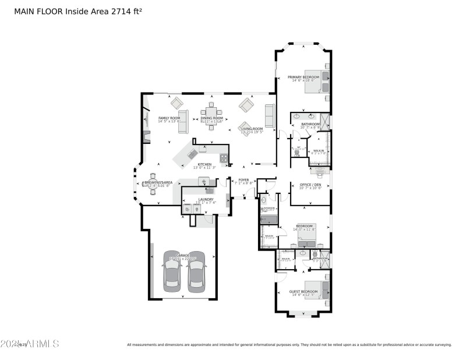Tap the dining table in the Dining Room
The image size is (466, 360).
[211, 111]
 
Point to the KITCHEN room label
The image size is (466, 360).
[204, 165]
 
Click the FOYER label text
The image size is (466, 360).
[242, 180]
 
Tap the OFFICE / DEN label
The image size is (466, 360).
[310, 185]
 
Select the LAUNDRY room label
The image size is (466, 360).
[206, 200]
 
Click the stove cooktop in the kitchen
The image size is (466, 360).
[223, 158]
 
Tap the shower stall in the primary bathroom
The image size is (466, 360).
[325, 122]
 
